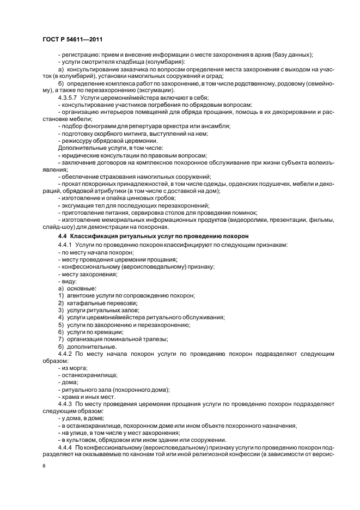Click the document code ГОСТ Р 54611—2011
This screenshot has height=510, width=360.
coord(72,40)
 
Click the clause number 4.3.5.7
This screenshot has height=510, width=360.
coord(69,97)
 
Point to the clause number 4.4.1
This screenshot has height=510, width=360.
coord(65,246)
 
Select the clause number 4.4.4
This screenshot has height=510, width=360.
coord(65,447)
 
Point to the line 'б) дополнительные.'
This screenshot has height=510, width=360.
coord(87,346)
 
